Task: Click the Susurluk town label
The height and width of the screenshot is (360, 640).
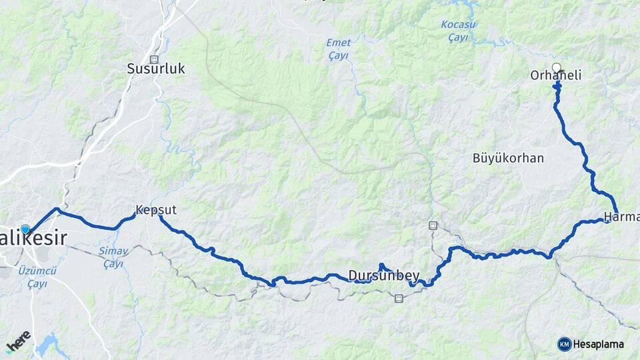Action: coord(156,69)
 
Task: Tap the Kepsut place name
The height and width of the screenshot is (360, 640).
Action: coord(156,211)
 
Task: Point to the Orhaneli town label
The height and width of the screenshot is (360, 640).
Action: coord(555,76)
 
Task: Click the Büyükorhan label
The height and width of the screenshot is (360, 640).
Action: coord(508,159)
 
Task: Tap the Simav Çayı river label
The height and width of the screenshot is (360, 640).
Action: coord(113,257)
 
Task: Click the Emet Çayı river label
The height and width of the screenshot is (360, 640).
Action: coord(338,49)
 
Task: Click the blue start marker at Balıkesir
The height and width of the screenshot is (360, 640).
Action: coord(25,229)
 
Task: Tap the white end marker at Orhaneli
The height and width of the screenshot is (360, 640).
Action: coord(557,67)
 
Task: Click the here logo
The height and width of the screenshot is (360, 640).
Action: coord(19,341)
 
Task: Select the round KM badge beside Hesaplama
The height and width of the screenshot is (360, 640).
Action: coord(564,344)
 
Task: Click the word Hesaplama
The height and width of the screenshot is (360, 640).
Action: coord(597,345)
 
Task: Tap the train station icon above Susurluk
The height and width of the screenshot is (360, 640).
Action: coord(155,58)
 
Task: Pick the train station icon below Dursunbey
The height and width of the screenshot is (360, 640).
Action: coord(398,299)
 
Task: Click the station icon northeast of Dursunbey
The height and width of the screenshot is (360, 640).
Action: coord(433,225)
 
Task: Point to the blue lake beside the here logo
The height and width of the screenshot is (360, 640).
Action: coord(47,345)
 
